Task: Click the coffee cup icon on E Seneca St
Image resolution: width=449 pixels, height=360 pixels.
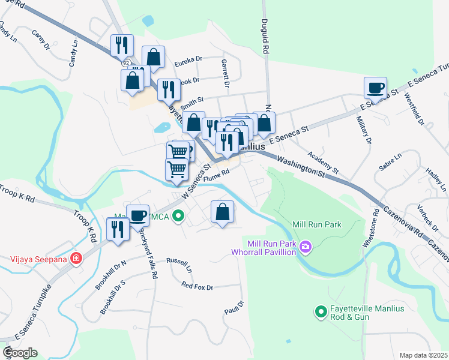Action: point(375,88)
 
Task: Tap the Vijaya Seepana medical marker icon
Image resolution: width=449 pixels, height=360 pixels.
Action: point(76,259)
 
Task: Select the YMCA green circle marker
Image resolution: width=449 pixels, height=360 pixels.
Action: point(177,216)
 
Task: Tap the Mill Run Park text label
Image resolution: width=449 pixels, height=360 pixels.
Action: point(316,224)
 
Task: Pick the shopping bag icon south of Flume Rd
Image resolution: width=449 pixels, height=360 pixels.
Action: point(222,211)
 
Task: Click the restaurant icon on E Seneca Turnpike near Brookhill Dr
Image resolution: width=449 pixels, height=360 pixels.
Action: point(118,229)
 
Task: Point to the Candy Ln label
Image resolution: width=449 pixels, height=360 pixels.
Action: point(73,52)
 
